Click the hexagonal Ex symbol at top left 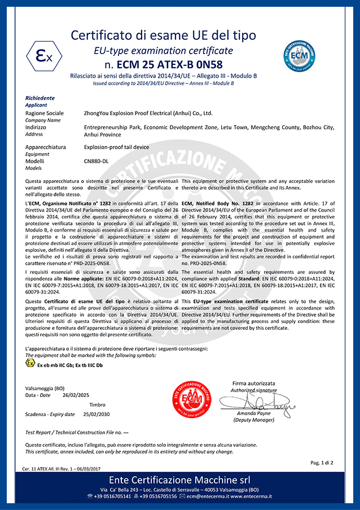click(x=39, y=56)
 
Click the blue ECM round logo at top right click(x=298, y=56)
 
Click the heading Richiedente click(x=40, y=98)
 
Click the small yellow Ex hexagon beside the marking click(x=30, y=363)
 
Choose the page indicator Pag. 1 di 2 click(x=322, y=463)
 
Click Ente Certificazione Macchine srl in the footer click(x=180, y=480)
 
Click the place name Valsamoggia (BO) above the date click(x=45, y=388)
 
